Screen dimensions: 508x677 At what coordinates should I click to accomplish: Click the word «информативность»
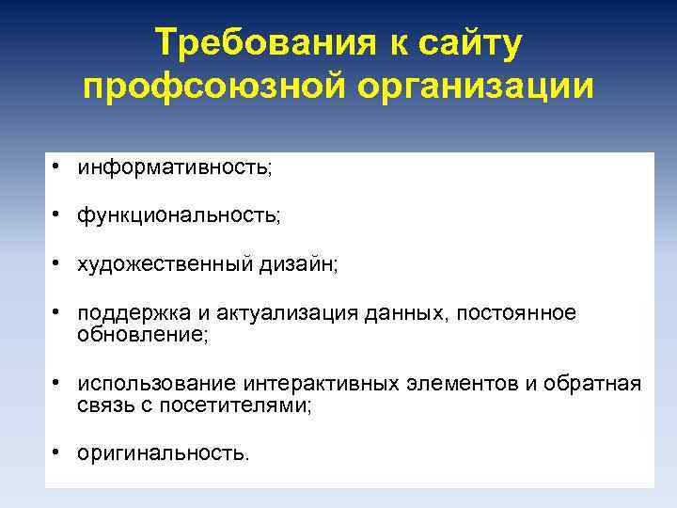(173, 167)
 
